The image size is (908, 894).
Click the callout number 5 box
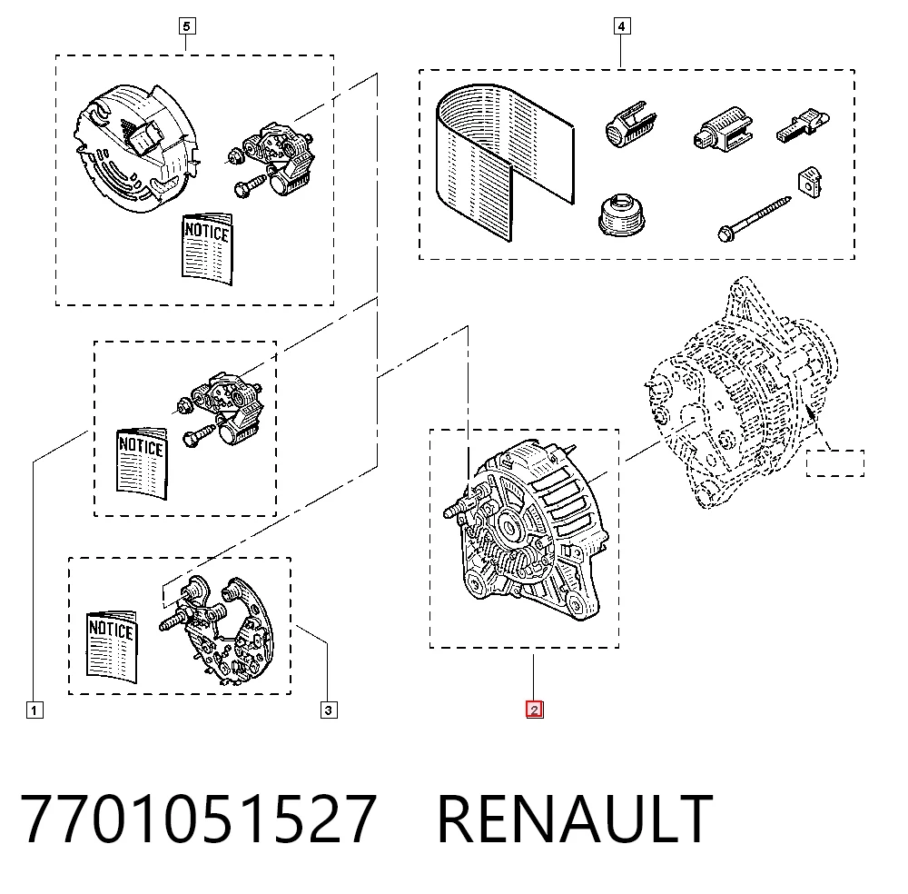[186, 26]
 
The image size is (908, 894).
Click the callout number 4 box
[621, 26]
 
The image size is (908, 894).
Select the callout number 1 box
[35, 710]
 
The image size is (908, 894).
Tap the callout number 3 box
[329, 710]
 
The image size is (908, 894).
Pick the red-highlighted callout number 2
[534, 710]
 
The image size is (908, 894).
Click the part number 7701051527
[199, 819]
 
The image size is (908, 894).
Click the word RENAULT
[575, 819]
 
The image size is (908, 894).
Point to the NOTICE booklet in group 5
[207, 249]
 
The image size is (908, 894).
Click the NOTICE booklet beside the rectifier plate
[111, 646]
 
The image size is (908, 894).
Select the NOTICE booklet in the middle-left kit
[142, 463]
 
